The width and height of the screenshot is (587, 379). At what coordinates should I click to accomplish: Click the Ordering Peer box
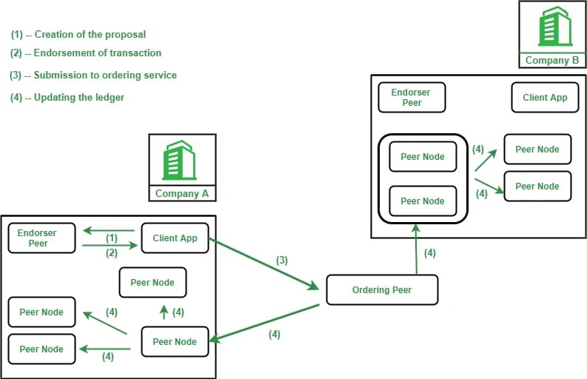click(382, 290)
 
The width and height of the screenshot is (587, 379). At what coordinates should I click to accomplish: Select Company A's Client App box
click(175, 238)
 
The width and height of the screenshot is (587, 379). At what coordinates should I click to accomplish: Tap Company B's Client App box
click(545, 98)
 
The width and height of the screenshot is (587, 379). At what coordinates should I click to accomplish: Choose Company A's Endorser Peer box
click(41, 238)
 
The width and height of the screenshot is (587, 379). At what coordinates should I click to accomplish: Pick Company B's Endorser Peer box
click(412, 98)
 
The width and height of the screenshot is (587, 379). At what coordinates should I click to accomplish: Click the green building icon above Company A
click(179, 161)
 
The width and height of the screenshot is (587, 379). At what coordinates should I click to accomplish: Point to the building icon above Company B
click(556, 26)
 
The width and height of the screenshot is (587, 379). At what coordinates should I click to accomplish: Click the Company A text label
click(182, 194)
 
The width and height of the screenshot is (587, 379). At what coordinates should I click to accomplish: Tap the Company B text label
click(552, 60)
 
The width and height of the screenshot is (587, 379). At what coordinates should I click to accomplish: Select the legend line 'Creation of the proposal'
click(78, 35)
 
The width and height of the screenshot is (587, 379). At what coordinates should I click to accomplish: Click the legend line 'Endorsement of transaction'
click(86, 53)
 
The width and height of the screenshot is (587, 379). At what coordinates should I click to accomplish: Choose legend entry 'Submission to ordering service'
click(93, 76)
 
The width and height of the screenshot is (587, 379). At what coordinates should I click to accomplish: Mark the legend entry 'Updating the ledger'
click(67, 98)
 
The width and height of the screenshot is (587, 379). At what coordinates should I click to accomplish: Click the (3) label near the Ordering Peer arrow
click(282, 261)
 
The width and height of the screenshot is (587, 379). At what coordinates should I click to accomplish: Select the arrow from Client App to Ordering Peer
click(264, 264)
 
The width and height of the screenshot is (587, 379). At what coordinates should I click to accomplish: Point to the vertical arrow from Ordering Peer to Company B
click(416, 249)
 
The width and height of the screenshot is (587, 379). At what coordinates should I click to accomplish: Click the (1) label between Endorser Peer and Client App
click(112, 238)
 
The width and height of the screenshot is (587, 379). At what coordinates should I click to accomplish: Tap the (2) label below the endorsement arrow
click(112, 253)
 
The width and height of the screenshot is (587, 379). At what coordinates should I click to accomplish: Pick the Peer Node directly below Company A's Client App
click(152, 282)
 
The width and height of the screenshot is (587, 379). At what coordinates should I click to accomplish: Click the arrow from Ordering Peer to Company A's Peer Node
click(264, 323)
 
